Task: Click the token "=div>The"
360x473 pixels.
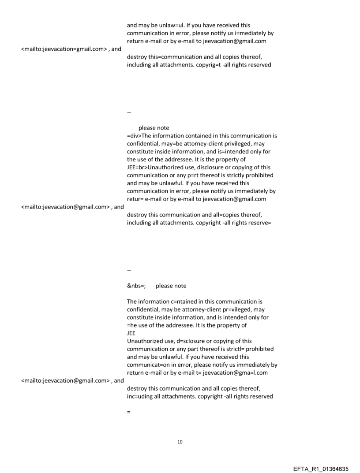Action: coord(140,136)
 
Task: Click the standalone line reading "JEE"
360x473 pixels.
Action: coord(131,333)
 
